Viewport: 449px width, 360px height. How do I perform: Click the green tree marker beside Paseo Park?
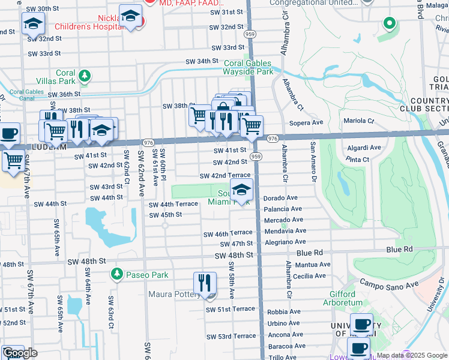click(116, 274)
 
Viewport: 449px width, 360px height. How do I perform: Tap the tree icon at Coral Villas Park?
click(85, 75)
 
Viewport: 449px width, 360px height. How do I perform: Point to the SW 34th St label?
click(201, 61)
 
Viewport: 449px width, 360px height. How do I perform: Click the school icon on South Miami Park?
click(241, 191)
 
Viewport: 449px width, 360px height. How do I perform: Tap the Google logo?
click(20, 353)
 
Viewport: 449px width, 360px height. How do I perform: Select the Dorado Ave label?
click(281, 197)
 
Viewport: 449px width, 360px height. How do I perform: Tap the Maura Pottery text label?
click(174, 295)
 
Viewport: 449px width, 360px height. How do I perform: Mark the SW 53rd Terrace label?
click(231, 336)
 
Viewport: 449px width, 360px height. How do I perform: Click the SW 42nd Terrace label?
click(225, 175)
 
